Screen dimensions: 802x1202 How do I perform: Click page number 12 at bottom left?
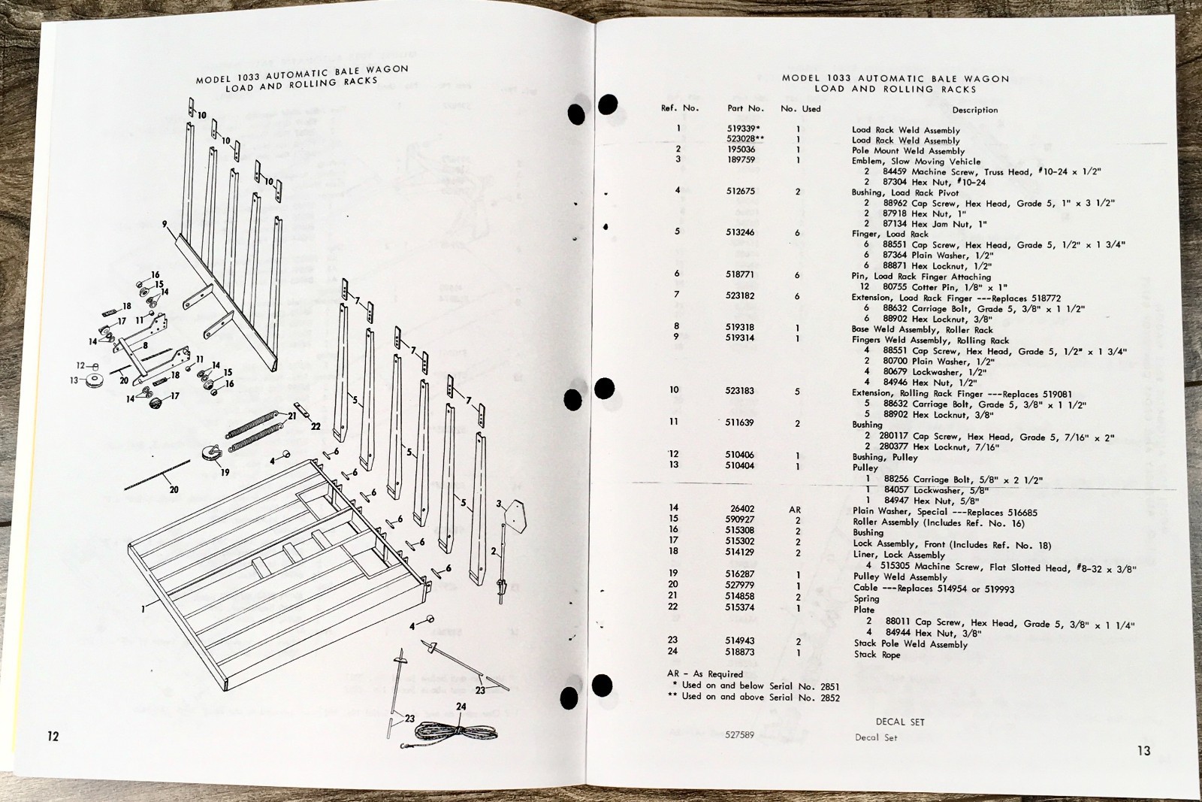(53, 736)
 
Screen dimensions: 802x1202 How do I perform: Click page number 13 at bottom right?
(1143, 750)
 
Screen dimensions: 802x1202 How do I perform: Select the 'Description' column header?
(975, 110)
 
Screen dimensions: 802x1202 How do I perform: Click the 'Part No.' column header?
(745, 108)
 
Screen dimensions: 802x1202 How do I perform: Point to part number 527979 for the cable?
(739, 586)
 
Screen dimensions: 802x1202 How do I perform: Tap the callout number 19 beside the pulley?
(225, 473)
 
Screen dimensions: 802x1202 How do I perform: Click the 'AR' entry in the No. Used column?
(795, 510)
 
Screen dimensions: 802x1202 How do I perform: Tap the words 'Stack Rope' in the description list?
(877, 655)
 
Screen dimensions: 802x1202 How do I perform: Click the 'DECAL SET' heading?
(900, 722)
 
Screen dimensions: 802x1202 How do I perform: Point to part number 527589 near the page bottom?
(740, 735)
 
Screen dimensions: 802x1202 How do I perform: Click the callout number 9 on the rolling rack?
(164, 224)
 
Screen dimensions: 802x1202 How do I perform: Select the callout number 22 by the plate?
(316, 426)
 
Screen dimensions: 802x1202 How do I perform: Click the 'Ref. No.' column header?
(679, 108)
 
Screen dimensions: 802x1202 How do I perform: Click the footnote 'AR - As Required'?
(705, 674)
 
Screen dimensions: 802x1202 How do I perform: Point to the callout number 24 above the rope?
(461, 707)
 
